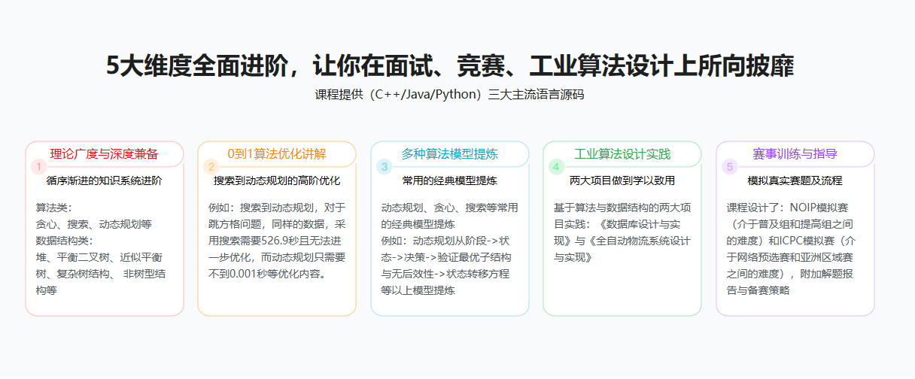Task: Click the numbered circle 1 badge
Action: (x=39, y=167)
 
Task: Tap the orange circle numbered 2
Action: (x=211, y=167)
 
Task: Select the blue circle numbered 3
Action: (x=384, y=167)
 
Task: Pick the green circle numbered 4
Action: (x=556, y=167)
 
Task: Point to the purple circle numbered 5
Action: (x=730, y=167)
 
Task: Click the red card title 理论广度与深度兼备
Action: (x=104, y=154)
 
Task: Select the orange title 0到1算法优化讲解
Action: (x=277, y=154)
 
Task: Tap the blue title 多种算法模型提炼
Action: (x=449, y=154)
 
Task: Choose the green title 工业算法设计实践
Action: (x=622, y=154)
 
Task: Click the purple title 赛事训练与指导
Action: (x=795, y=154)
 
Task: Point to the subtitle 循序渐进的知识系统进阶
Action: (x=104, y=180)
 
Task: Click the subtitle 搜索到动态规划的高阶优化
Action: (x=277, y=180)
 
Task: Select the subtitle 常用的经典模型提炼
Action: (x=449, y=180)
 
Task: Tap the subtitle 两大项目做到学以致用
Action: (x=622, y=180)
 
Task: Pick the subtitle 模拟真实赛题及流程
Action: (x=795, y=180)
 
